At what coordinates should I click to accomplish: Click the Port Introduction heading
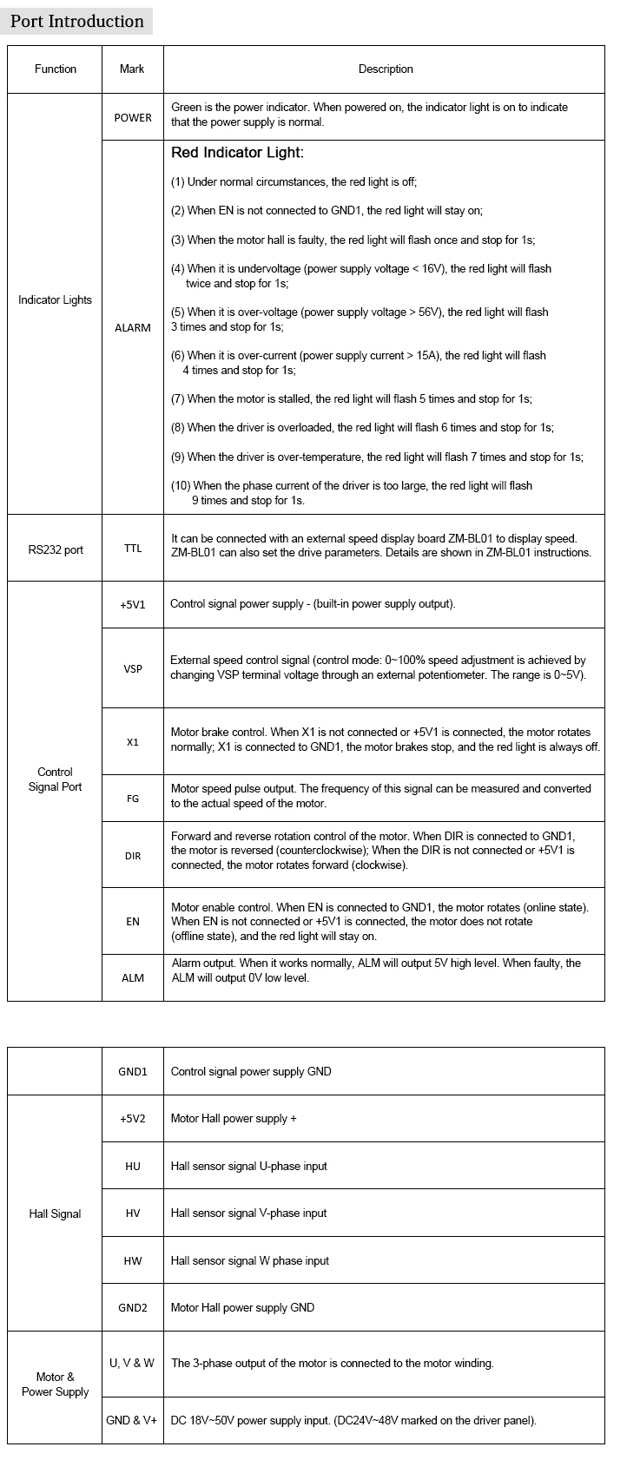point(76,22)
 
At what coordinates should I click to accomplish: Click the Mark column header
point(133,69)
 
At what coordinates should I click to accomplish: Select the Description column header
point(386,69)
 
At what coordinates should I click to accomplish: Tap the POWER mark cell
point(133,118)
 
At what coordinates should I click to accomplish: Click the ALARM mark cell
point(133,328)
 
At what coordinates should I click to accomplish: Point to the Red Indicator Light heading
point(237,154)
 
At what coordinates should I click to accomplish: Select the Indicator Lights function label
point(55,300)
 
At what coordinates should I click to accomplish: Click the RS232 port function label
point(56,549)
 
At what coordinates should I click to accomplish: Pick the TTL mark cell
point(133,549)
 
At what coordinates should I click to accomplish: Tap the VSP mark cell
point(133,669)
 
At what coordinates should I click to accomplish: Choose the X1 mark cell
point(133,743)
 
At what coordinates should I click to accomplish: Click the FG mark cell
point(133,799)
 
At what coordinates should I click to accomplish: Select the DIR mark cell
point(133,856)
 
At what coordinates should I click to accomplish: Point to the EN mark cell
point(133,922)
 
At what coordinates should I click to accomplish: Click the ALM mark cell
point(133,978)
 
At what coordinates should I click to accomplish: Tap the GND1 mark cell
point(133,1072)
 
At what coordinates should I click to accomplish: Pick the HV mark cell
point(133,1213)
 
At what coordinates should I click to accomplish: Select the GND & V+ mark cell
point(132,1421)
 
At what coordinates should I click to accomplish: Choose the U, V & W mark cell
point(132,1364)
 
